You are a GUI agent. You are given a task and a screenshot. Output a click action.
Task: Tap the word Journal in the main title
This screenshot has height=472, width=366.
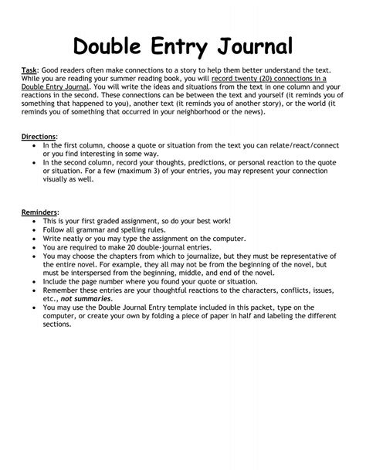(253, 46)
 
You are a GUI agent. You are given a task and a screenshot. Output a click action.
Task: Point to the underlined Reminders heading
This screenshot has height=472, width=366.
(39, 211)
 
